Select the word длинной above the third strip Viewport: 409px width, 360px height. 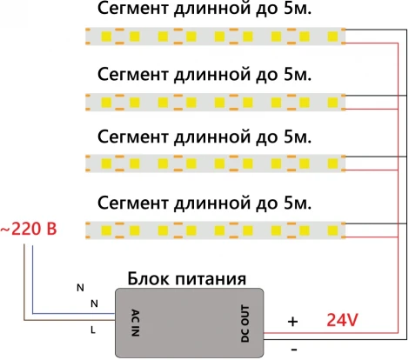pyautogui.click(x=216, y=137)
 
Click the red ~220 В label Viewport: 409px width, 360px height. pyautogui.click(x=31, y=230)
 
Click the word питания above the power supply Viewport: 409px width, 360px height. pyautogui.click(x=208, y=279)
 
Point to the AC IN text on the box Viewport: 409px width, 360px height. pyautogui.click(x=134, y=321)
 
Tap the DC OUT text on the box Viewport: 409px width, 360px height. pyautogui.click(x=245, y=321)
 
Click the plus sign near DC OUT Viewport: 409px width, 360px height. pyautogui.click(x=292, y=321)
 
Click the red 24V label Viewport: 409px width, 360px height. pyautogui.click(x=343, y=320)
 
